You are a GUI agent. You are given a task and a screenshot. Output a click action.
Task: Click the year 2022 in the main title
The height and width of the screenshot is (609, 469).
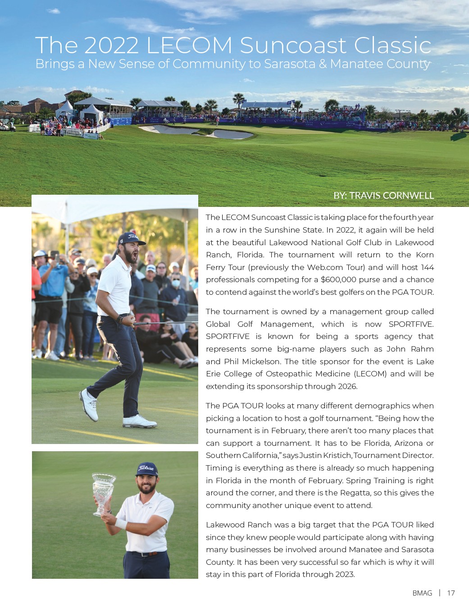[111, 46]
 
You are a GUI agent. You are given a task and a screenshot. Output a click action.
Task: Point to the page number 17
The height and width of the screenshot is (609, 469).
[451, 593]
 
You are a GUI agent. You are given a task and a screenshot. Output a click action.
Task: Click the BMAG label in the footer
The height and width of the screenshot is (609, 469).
[422, 593]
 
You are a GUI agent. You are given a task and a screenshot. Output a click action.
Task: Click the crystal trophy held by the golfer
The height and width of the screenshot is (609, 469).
[103, 491]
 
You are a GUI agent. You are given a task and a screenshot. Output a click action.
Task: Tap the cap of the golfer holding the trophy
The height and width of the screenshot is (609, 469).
[146, 469]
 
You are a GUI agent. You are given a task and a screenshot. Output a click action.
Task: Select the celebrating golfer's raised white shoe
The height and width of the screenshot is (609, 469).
[89, 404]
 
